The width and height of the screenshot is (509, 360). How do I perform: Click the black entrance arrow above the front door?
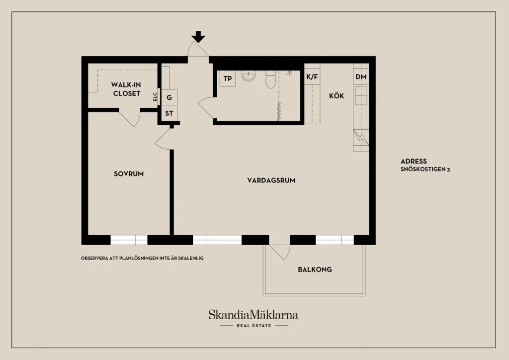click(198, 36)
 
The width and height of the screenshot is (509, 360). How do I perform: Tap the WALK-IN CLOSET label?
click(126, 89)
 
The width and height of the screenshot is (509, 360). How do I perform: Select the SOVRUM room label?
click(129, 174)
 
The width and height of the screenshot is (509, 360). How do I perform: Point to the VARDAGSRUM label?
click(271, 180)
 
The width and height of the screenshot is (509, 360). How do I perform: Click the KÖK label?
click(337, 96)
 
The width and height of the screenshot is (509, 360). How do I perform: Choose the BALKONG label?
click(315, 270)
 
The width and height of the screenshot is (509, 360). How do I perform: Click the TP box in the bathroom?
click(228, 79)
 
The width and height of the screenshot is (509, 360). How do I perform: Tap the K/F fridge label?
click(312, 77)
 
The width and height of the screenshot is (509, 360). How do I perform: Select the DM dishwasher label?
click(361, 77)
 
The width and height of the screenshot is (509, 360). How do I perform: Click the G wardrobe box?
click(169, 97)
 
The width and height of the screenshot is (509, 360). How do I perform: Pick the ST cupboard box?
click(169, 113)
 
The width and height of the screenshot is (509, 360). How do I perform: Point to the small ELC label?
click(155, 96)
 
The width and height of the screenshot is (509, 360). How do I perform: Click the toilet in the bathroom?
click(271, 79)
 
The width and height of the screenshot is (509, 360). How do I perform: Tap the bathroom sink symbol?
click(249, 76)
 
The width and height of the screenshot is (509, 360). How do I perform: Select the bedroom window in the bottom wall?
click(129, 240)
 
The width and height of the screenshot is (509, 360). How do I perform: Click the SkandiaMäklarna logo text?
click(253, 315)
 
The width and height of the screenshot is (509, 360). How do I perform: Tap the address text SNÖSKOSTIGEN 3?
click(425, 169)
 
